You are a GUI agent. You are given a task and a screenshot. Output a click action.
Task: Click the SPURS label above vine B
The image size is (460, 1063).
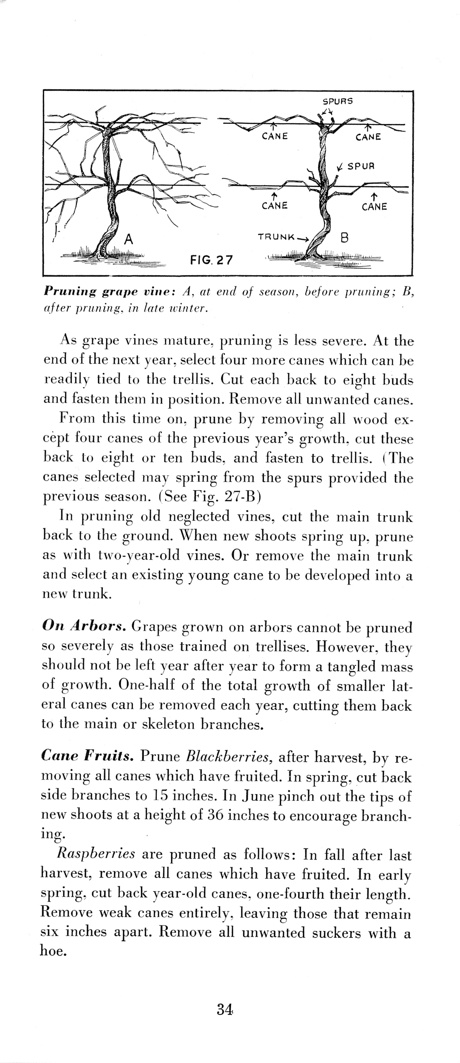[337, 101]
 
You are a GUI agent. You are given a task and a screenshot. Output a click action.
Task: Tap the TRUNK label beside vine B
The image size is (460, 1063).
[276, 237]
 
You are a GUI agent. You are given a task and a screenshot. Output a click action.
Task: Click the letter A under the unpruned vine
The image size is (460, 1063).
[129, 239]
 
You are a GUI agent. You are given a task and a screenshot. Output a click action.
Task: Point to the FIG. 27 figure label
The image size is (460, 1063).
[211, 260]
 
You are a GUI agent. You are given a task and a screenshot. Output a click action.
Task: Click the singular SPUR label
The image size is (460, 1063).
[361, 166]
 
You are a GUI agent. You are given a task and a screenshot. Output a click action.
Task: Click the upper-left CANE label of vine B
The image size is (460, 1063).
[275, 136]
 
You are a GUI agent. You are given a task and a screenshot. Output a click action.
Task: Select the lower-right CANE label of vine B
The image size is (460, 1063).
[374, 207]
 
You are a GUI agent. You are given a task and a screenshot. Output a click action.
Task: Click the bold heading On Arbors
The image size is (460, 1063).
[84, 626]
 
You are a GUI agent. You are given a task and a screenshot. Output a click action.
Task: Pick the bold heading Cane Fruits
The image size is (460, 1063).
[87, 755]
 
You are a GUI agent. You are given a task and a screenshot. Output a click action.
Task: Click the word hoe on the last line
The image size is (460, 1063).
[53, 951]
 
